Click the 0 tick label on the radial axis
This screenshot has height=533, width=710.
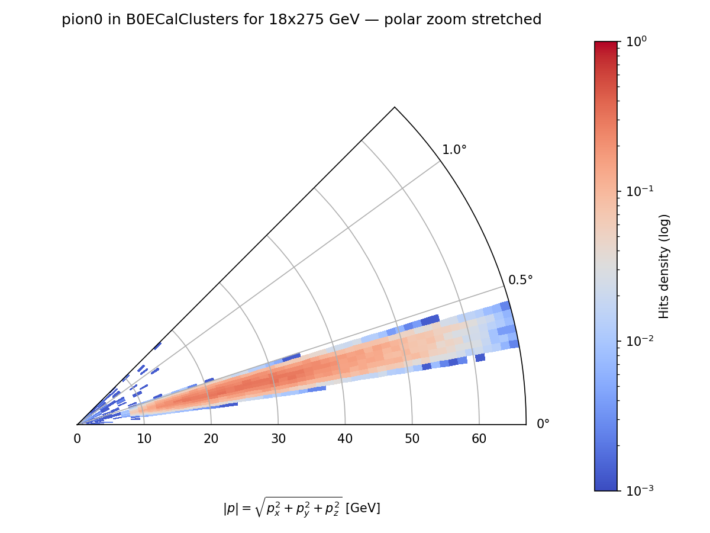77,439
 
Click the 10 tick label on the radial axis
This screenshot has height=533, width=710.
144,439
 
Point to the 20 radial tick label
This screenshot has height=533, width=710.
211,439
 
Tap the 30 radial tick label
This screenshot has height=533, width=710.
278,439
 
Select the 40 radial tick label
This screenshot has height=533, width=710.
345,439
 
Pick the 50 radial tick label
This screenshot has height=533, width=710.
412,439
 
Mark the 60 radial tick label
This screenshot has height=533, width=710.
479,439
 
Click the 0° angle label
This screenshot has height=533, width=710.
543,424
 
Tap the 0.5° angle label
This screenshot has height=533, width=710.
521,280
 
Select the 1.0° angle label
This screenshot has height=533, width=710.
454,150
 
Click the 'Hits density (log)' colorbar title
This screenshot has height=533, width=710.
664,266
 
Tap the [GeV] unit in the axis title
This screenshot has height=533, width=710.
363,508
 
